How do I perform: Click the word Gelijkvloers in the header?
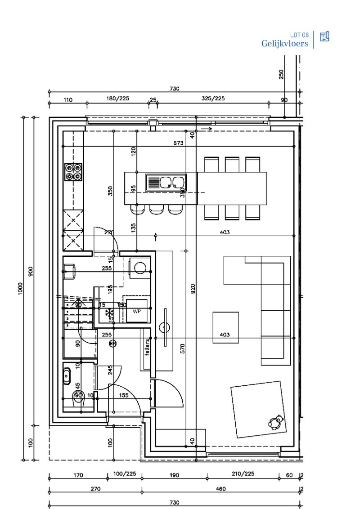click(284, 44)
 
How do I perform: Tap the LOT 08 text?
click(299, 35)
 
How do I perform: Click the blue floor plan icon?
click(324, 37)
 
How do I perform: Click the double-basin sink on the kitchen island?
click(165, 183)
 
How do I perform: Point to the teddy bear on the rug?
click(275, 422)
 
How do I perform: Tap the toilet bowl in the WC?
click(79, 397)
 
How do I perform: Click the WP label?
click(136, 311)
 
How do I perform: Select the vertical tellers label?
click(147, 348)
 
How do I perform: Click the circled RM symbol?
click(112, 344)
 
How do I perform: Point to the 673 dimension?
click(179, 143)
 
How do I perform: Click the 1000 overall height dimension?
click(21, 288)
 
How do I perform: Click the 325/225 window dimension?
click(213, 99)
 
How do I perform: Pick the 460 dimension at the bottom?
click(220, 489)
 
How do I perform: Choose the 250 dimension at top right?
click(281, 74)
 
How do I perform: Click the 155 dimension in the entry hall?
click(124, 395)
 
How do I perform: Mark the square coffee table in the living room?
click(227, 328)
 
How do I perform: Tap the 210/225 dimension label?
click(243, 474)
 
